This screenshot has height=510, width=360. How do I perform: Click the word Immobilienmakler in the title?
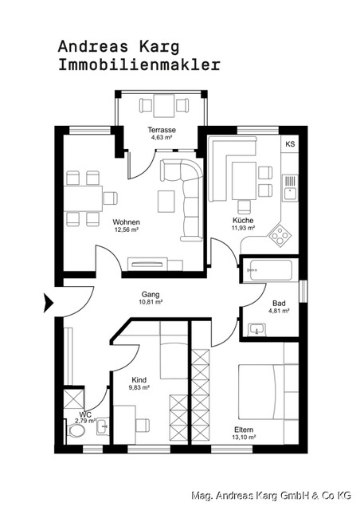click(139, 65)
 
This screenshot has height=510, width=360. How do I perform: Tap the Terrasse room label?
click(162, 129)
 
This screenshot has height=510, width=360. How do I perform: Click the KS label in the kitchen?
click(290, 144)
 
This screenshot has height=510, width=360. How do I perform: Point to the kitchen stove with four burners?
click(280, 233)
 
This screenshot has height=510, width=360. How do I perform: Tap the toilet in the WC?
click(76, 431)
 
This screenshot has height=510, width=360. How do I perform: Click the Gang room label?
click(151, 293)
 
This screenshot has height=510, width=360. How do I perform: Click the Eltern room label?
click(245, 429)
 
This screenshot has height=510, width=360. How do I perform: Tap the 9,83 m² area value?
click(139, 388)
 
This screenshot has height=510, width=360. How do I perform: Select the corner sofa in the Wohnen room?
click(186, 195)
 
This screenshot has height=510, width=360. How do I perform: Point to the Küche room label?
click(243, 219)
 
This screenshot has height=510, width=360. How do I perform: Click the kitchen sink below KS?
click(290, 185)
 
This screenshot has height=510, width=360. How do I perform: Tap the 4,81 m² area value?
click(278, 311)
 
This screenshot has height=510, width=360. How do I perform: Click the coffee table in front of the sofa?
click(166, 202)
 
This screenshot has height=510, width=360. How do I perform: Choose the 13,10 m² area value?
click(245, 437)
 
